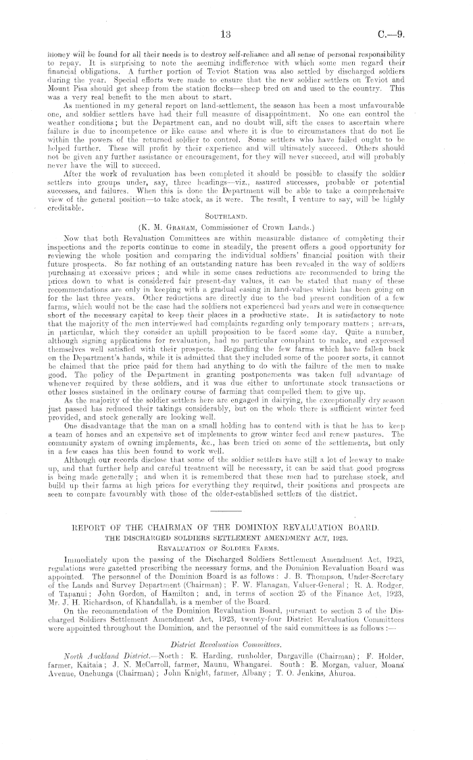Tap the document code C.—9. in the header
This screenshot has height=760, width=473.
point(433,34)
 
